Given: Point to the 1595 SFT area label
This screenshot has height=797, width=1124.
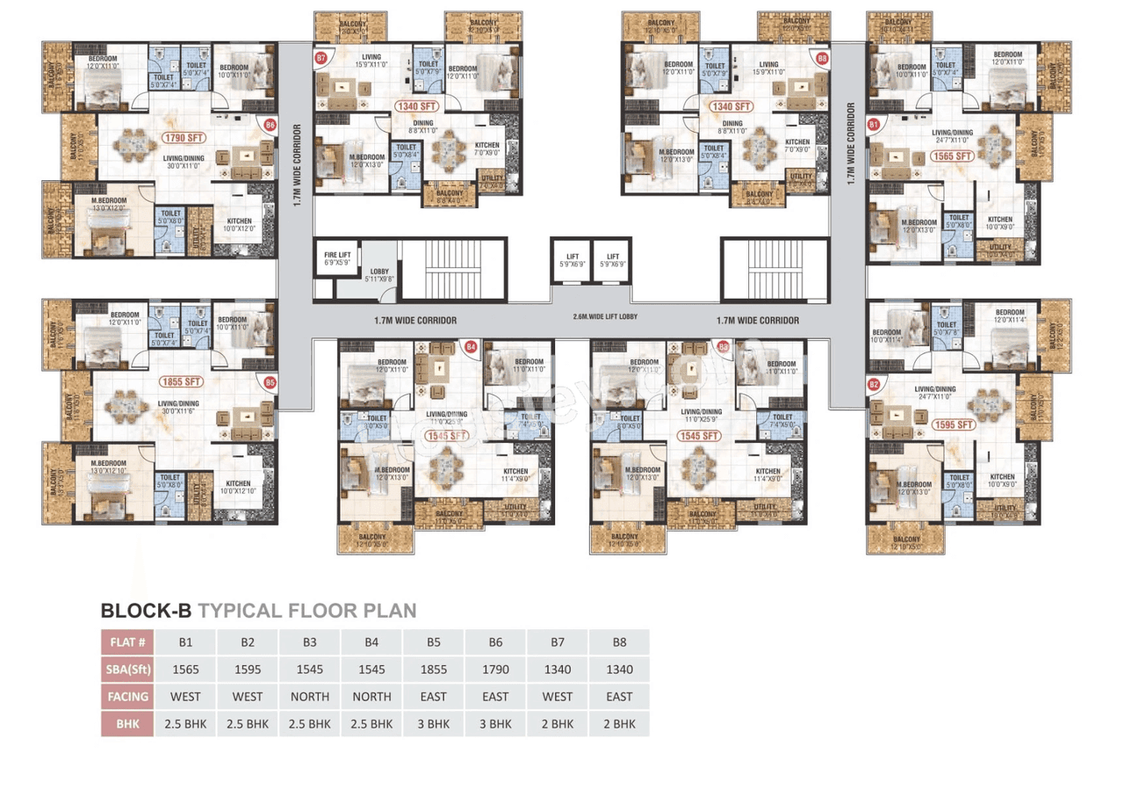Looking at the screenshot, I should (x=955, y=424).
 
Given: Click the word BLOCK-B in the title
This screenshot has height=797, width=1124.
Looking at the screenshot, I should (x=146, y=610).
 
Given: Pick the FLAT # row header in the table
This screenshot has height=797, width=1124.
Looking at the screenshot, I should (x=128, y=642).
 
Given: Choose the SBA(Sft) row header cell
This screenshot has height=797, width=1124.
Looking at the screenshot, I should (x=128, y=670).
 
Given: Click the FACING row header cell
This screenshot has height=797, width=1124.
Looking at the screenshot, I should (x=128, y=697).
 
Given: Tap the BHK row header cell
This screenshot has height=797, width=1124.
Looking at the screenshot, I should (x=128, y=724).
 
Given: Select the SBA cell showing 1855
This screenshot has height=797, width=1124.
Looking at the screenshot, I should (x=434, y=670).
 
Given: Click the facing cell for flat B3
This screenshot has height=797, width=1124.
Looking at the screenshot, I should (x=310, y=697).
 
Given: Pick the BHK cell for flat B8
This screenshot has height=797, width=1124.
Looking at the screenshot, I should (x=619, y=724).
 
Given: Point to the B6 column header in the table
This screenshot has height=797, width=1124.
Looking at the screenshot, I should (x=495, y=642).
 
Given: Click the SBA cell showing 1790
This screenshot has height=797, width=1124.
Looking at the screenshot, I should (x=495, y=670).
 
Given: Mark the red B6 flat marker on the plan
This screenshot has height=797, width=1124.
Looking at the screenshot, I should (x=270, y=126).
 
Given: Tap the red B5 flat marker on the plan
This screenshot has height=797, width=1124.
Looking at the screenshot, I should (x=270, y=382).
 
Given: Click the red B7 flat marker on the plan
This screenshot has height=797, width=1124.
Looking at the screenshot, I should (x=321, y=59).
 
